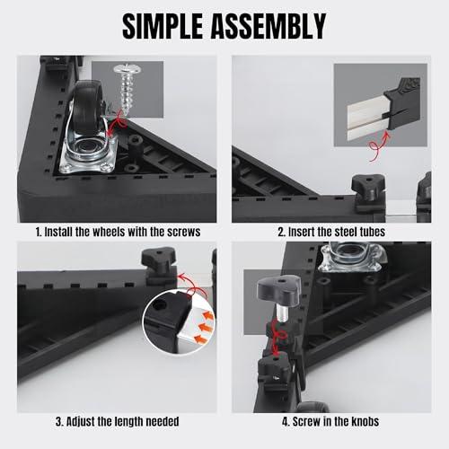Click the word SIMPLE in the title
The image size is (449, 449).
pyautogui.click(x=163, y=26)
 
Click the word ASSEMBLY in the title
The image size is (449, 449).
pyautogui.click(x=269, y=26)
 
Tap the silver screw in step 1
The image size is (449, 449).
pyautogui.click(x=128, y=88)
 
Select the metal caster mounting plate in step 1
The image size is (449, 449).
pyautogui.click(x=89, y=155)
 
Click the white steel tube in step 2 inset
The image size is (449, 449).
pyautogui.click(x=367, y=119)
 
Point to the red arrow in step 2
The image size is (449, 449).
pyautogui.click(x=379, y=147)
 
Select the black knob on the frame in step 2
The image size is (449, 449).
pyautogui.click(x=368, y=188)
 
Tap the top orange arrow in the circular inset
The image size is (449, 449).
pyautogui.click(x=207, y=315)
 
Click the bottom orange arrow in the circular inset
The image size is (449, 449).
pyautogui.click(x=200, y=339)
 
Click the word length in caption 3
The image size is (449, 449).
pyautogui.click(x=130, y=421)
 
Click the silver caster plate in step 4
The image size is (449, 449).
pyautogui.click(x=352, y=257)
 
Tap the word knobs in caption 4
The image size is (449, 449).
pyautogui.click(x=365, y=421)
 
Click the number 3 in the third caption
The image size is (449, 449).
pyautogui.click(x=59, y=421)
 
